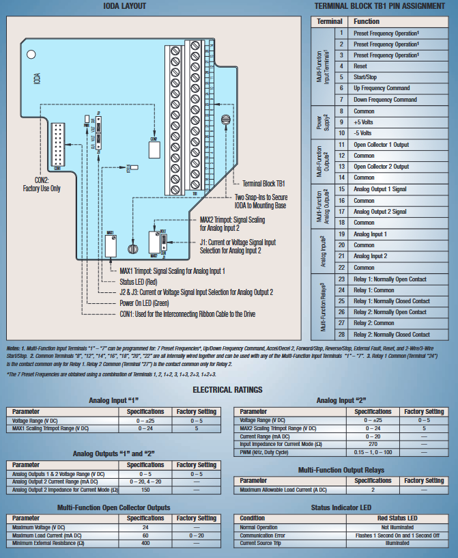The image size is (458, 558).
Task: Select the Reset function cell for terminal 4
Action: (360, 66)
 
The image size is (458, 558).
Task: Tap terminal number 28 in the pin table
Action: (340, 334)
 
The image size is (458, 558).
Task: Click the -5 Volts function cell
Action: (362, 132)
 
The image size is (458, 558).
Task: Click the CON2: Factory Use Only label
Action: (41, 184)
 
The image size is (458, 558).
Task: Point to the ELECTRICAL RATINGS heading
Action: (227, 389)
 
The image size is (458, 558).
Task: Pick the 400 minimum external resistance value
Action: (145, 543)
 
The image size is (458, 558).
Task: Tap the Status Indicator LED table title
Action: (342, 507)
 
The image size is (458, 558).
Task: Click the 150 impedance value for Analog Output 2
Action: (145, 490)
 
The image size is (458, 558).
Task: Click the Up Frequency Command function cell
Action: (382, 88)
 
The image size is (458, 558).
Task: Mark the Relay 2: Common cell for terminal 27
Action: (373, 323)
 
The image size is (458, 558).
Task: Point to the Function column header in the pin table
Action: (367, 21)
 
